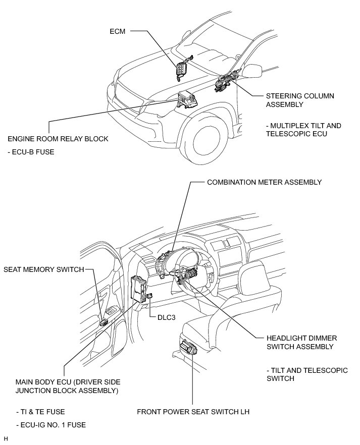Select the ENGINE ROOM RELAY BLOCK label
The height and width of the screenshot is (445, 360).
(58, 139)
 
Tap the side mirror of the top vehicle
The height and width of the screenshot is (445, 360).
(254, 70)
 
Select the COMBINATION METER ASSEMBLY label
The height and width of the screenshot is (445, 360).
(264, 182)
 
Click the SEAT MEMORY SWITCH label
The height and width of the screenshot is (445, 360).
(44, 269)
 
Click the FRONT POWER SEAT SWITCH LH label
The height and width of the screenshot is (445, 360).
(193, 412)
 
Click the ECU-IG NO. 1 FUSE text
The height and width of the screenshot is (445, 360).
(46, 425)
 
